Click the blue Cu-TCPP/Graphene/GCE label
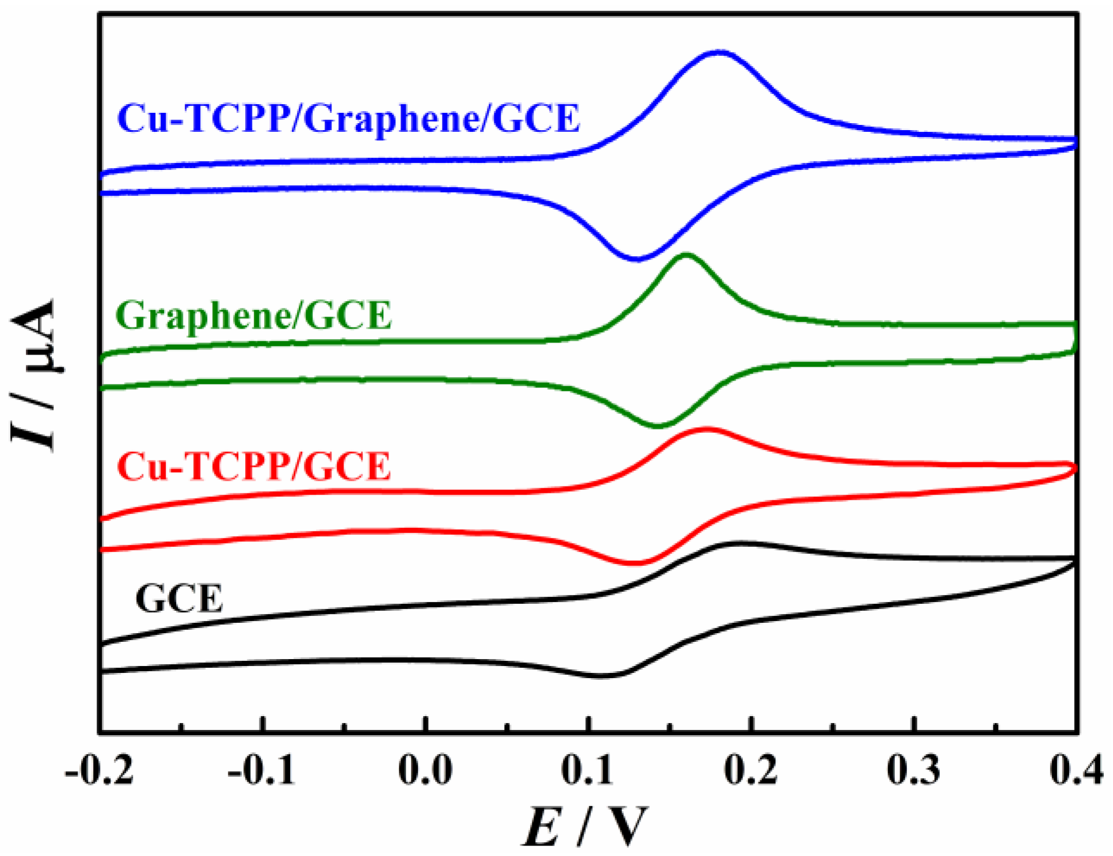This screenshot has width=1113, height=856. [349, 119]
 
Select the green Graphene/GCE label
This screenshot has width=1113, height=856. [254, 316]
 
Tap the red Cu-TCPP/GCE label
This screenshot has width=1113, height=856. [254, 467]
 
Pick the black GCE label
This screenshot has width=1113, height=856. [179, 599]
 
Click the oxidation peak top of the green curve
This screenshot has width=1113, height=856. [686, 254]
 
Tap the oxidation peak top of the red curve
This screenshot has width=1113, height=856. [707, 428]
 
